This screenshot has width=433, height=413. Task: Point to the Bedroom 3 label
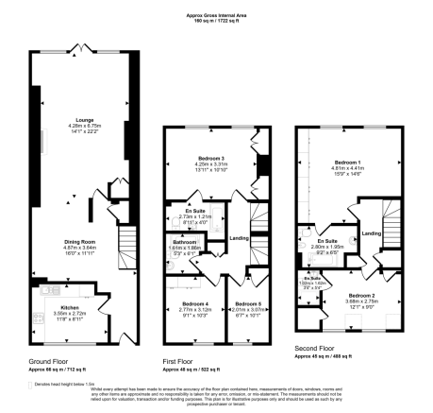pyautogui.click(x=210, y=156)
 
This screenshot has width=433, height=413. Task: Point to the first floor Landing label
pyautogui.click(x=242, y=237)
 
